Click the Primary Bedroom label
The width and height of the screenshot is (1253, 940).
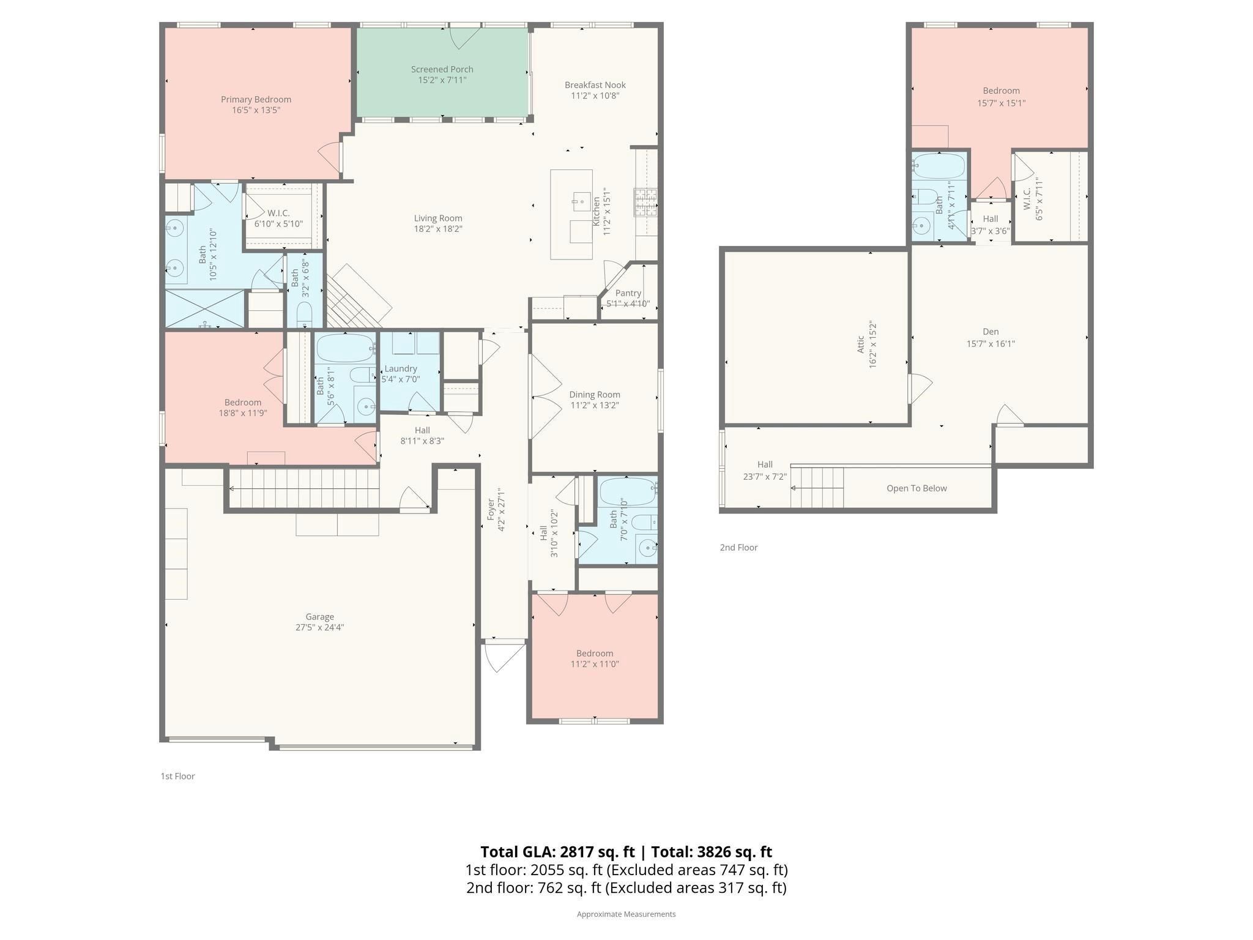[x=256, y=99]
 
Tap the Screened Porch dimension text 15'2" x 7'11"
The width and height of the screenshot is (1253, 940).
[x=442, y=80]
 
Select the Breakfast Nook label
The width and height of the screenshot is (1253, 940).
[x=595, y=85]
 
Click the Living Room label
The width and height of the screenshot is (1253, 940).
[x=438, y=218]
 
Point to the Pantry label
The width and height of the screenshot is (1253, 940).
[x=628, y=293]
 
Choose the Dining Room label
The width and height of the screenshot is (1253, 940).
[x=595, y=395]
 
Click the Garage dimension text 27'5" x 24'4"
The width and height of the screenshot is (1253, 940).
[x=320, y=627]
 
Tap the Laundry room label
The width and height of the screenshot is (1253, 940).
[x=401, y=368]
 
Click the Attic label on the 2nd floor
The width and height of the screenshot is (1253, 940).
[x=861, y=344]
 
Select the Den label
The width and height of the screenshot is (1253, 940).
[x=991, y=332]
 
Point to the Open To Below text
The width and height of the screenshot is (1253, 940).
[x=917, y=488]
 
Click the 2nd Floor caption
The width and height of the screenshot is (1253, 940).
[x=738, y=548]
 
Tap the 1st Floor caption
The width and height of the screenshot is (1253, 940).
[x=177, y=776]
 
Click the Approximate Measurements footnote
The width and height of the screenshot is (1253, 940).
[x=626, y=914]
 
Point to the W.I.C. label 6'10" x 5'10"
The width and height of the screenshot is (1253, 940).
[x=278, y=218]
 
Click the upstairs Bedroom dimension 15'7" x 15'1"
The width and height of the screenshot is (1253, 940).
[x=1001, y=103]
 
